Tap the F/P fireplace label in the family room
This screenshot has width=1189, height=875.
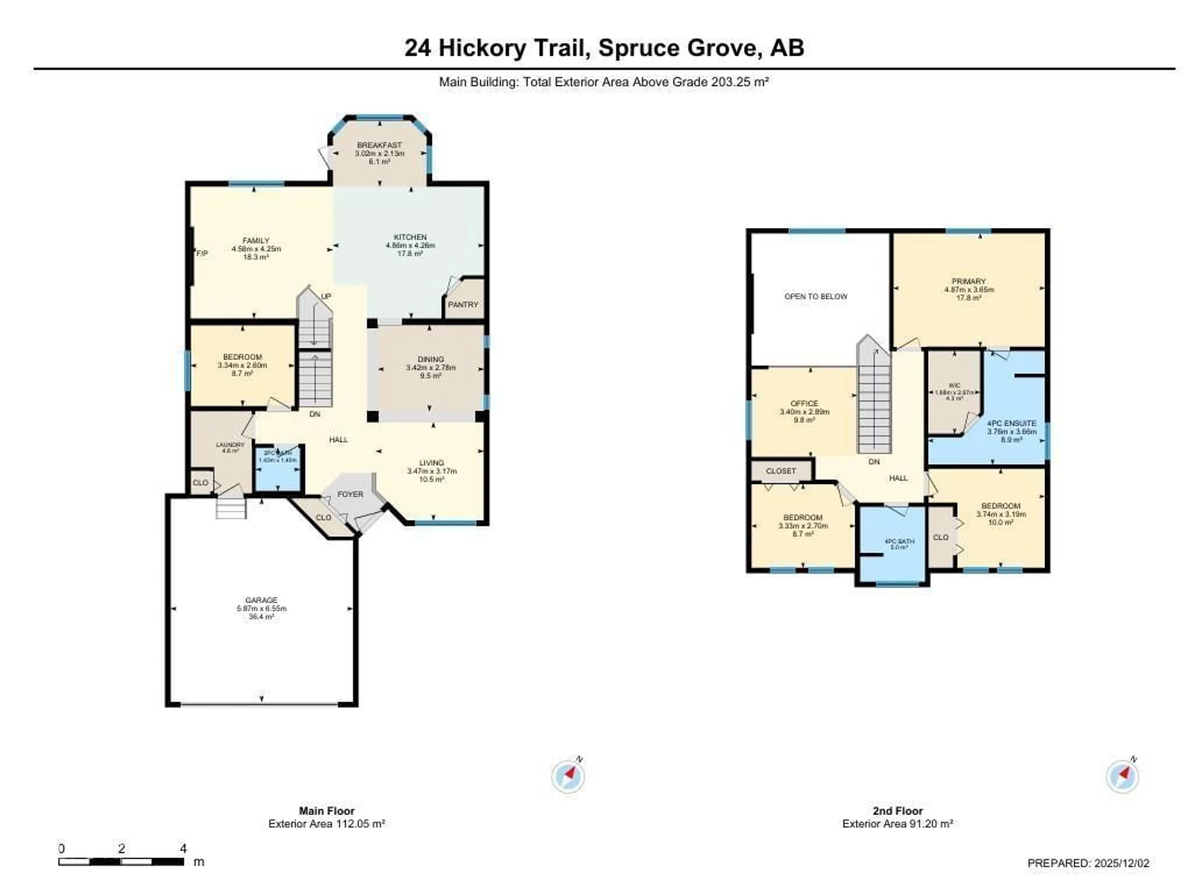202,254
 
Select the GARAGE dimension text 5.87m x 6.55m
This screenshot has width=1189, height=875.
261,609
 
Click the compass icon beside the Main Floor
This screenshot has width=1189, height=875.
568,777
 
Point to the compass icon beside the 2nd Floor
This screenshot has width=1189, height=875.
1122,777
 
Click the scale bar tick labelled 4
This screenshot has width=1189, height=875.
183,848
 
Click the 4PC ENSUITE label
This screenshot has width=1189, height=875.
1011,423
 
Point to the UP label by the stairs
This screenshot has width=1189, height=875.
326,297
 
